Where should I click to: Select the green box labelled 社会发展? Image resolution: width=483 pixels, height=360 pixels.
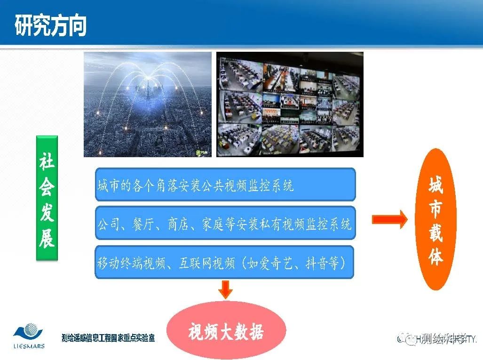click(x=47, y=198)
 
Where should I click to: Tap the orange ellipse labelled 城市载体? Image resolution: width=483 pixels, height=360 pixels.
click(x=436, y=219)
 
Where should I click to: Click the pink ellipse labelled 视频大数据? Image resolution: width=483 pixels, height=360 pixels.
click(x=226, y=331)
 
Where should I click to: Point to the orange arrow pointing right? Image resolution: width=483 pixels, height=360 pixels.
click(x=389, y=220)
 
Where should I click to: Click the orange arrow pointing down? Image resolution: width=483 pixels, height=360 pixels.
click(x=226, y=289)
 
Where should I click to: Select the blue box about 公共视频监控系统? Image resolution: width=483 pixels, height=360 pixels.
click(x=225, y=185)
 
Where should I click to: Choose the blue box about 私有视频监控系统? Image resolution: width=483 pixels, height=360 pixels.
click(x=225, y=223)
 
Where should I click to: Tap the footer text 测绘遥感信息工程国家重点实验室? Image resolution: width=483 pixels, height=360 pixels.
click(x=108, y=338)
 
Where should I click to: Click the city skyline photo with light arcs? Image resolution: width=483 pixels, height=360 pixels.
click(x=147, y=104)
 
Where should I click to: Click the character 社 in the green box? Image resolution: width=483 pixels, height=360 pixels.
click(x=47, y=163)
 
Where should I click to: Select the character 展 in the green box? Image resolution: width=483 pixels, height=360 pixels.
click(x=47, y=240)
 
